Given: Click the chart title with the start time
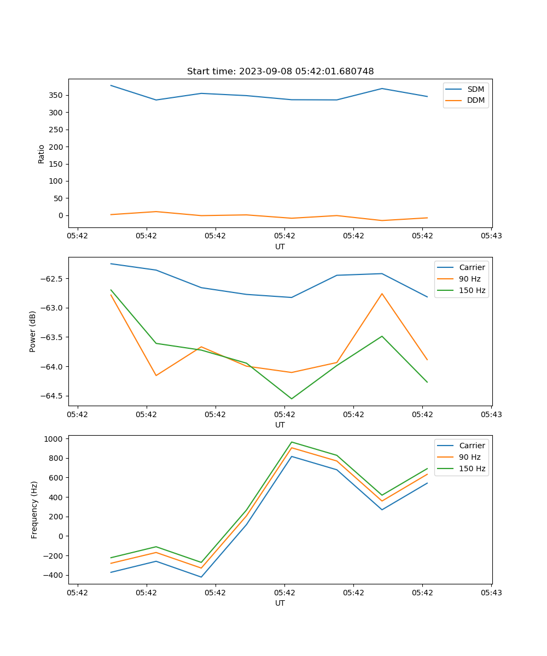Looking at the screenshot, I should pyautogui.click(x=280, y=72).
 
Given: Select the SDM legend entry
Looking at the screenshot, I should pyautogui.click(x=475, y=89).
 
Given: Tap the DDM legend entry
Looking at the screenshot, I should pyautogui.click(x=475, y=100).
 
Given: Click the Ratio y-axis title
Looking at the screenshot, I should pyautogui.click(x=42, y=154).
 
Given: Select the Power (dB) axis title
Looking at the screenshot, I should pyautogui.click(x=33, y=331).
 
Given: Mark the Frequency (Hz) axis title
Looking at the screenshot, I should pyautogui.click(x=34, y=509).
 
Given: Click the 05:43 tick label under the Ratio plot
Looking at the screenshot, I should pyautogui.click(x=491, y=236).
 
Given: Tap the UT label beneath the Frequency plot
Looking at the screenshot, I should pyautogui.click(x=280, y=603).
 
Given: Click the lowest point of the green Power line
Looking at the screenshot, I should pyautogui.click(x=292, y=399).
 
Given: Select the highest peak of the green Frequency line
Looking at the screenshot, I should pyautogui.click(x=292, y=442).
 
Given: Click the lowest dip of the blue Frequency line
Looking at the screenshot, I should pyautogui.click(x=201, y=577).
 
